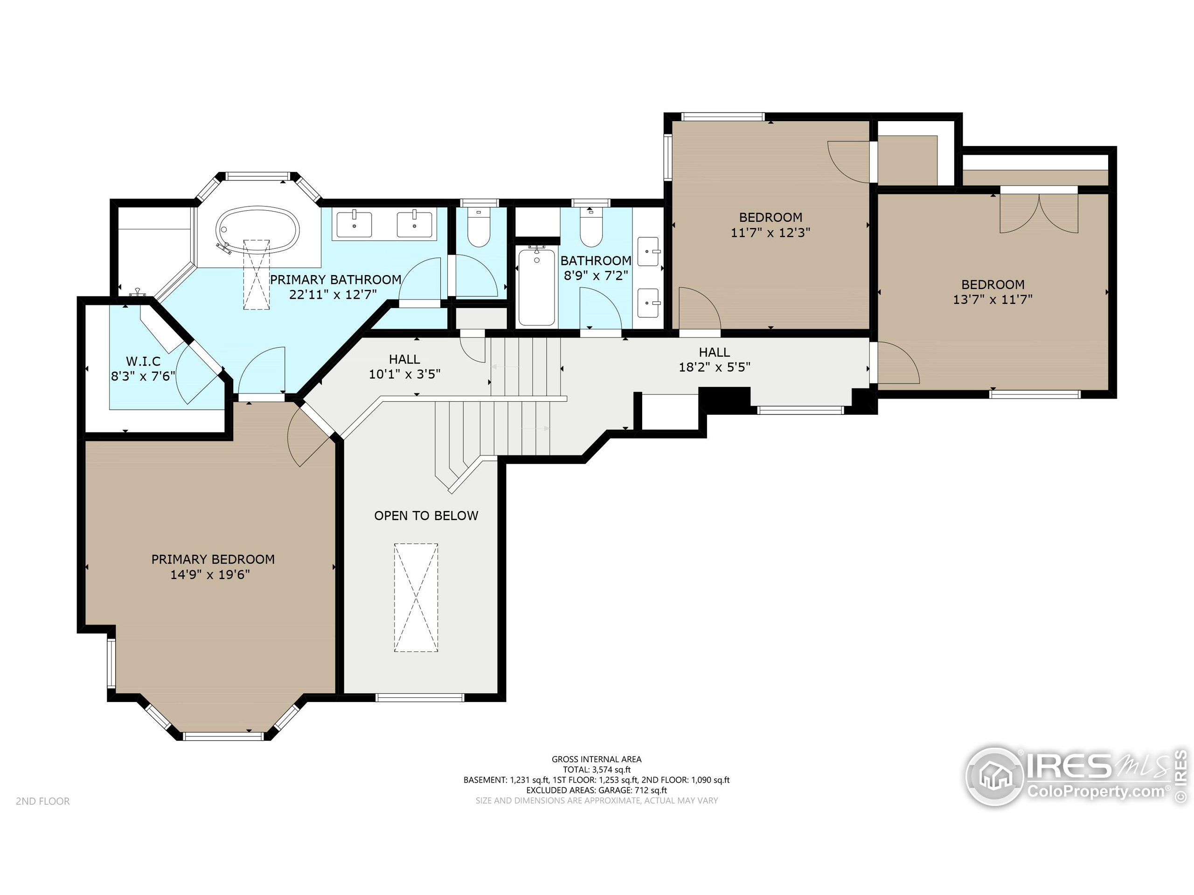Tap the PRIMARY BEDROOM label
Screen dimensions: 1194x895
[x=213, y=559]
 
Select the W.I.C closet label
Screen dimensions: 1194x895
[x=143, y=361]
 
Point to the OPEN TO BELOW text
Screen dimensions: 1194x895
[x=426, y=516]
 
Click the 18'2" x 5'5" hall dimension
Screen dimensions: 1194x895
[x=714, y=367]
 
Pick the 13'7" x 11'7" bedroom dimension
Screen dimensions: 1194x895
[x=993, y=299]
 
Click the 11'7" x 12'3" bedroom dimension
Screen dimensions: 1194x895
[x=771, y=233]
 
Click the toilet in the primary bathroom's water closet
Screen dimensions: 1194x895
[x=478, y=227]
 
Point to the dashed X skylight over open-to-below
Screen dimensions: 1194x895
[x=416, y=597]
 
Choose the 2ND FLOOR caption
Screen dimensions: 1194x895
[x=42, y=801]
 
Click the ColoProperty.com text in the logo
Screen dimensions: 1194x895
[x=1095, y=792]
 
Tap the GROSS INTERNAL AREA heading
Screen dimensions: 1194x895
[x=597, y=759]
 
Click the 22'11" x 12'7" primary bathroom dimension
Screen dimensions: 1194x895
[x=333, y=295]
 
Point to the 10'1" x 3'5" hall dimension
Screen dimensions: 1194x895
[x=404, y=374]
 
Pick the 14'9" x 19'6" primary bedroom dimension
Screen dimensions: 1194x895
[x=210, y=575]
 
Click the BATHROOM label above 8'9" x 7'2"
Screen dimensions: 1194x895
[x=596, y=261]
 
